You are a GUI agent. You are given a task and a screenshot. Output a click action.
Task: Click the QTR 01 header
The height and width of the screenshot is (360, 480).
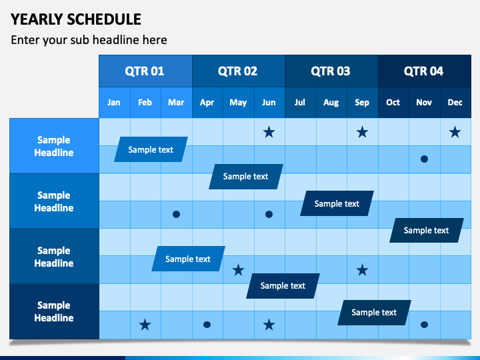[x=145, y=71]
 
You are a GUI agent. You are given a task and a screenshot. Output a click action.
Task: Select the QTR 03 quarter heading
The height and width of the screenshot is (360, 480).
[x=331, y=71]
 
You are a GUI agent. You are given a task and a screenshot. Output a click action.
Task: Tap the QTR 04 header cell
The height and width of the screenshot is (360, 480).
[x=425, y=71]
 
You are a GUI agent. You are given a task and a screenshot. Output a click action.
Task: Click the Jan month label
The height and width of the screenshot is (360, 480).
[x=114, y=102]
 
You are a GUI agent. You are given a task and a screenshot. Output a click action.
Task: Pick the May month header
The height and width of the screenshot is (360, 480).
[x=238, y=102]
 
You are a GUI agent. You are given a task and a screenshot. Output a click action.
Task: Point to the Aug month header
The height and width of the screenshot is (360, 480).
[x=331, y=102]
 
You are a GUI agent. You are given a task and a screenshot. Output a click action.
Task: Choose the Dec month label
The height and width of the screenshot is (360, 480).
[x=455, y=102]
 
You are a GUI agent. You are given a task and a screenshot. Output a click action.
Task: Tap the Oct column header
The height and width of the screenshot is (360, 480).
[x=393, y=102]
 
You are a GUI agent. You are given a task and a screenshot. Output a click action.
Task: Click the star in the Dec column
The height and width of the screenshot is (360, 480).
[x=455, y=132]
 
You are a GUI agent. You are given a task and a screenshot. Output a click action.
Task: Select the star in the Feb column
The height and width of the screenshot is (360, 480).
[x=145, y=325]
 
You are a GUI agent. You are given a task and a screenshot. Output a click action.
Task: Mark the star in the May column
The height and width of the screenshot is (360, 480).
[x=238, y=270]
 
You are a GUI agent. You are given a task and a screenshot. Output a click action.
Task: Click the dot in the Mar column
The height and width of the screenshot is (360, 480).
[x=176, y=214]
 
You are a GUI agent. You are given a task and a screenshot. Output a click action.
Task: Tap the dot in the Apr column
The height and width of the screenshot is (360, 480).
[x=207, y=325]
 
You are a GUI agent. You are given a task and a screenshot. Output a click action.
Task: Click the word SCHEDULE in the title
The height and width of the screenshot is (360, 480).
[x=104, y=19]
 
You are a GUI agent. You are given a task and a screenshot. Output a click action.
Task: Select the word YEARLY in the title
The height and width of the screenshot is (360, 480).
[x=37, y=19]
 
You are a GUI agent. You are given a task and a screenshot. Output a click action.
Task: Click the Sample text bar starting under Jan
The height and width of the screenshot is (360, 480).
[x=151, y=149]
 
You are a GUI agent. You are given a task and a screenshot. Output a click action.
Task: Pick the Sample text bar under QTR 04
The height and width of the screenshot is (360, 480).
[x=427, y=230]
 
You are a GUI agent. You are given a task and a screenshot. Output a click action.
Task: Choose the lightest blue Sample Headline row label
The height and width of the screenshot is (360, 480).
[x=54, y=146]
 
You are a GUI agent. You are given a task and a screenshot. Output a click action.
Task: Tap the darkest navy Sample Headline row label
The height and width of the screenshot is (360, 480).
[x=54, y=311]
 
